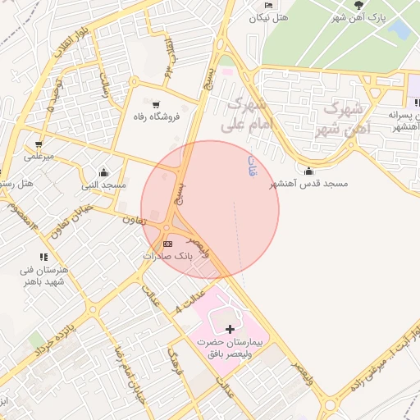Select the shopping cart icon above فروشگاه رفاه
coord(153,103)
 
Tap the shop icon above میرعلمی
coord(39,144)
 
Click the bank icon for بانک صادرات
coord(168,244)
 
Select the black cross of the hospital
coord(229,328)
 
